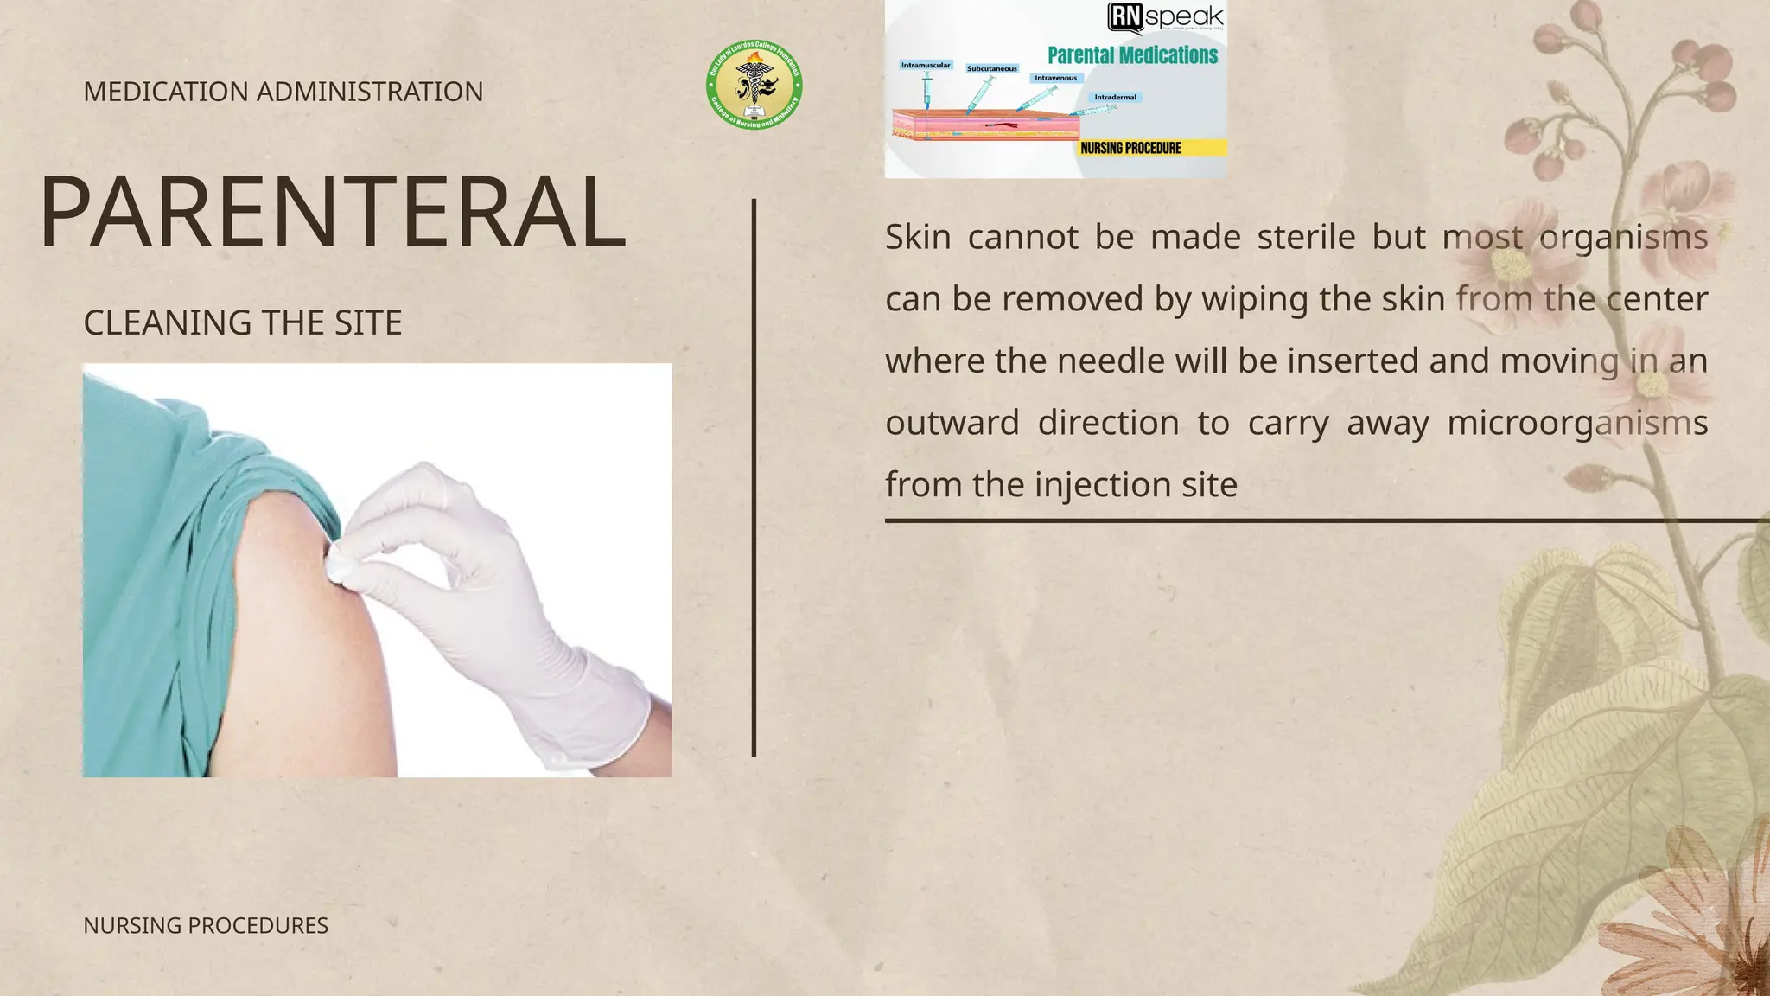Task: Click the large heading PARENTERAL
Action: tap(333, 213)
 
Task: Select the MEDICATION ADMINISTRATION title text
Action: tap(283, 92)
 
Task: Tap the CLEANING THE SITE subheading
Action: tap(242, 323)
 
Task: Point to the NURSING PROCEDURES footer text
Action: tap(206, 925)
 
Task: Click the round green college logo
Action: tap(754, 86)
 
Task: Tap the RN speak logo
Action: tap(1166, 16)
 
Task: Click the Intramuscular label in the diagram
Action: tap(926, 65)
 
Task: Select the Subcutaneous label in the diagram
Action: tap(992, 68)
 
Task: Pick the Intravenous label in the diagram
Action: tap(1055, 78)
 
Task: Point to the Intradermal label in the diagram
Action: tap(1115, 97)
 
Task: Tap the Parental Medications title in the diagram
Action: tap(1132, 55)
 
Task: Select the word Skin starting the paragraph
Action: tap(917, 237)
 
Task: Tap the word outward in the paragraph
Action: tap(952, 423)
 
